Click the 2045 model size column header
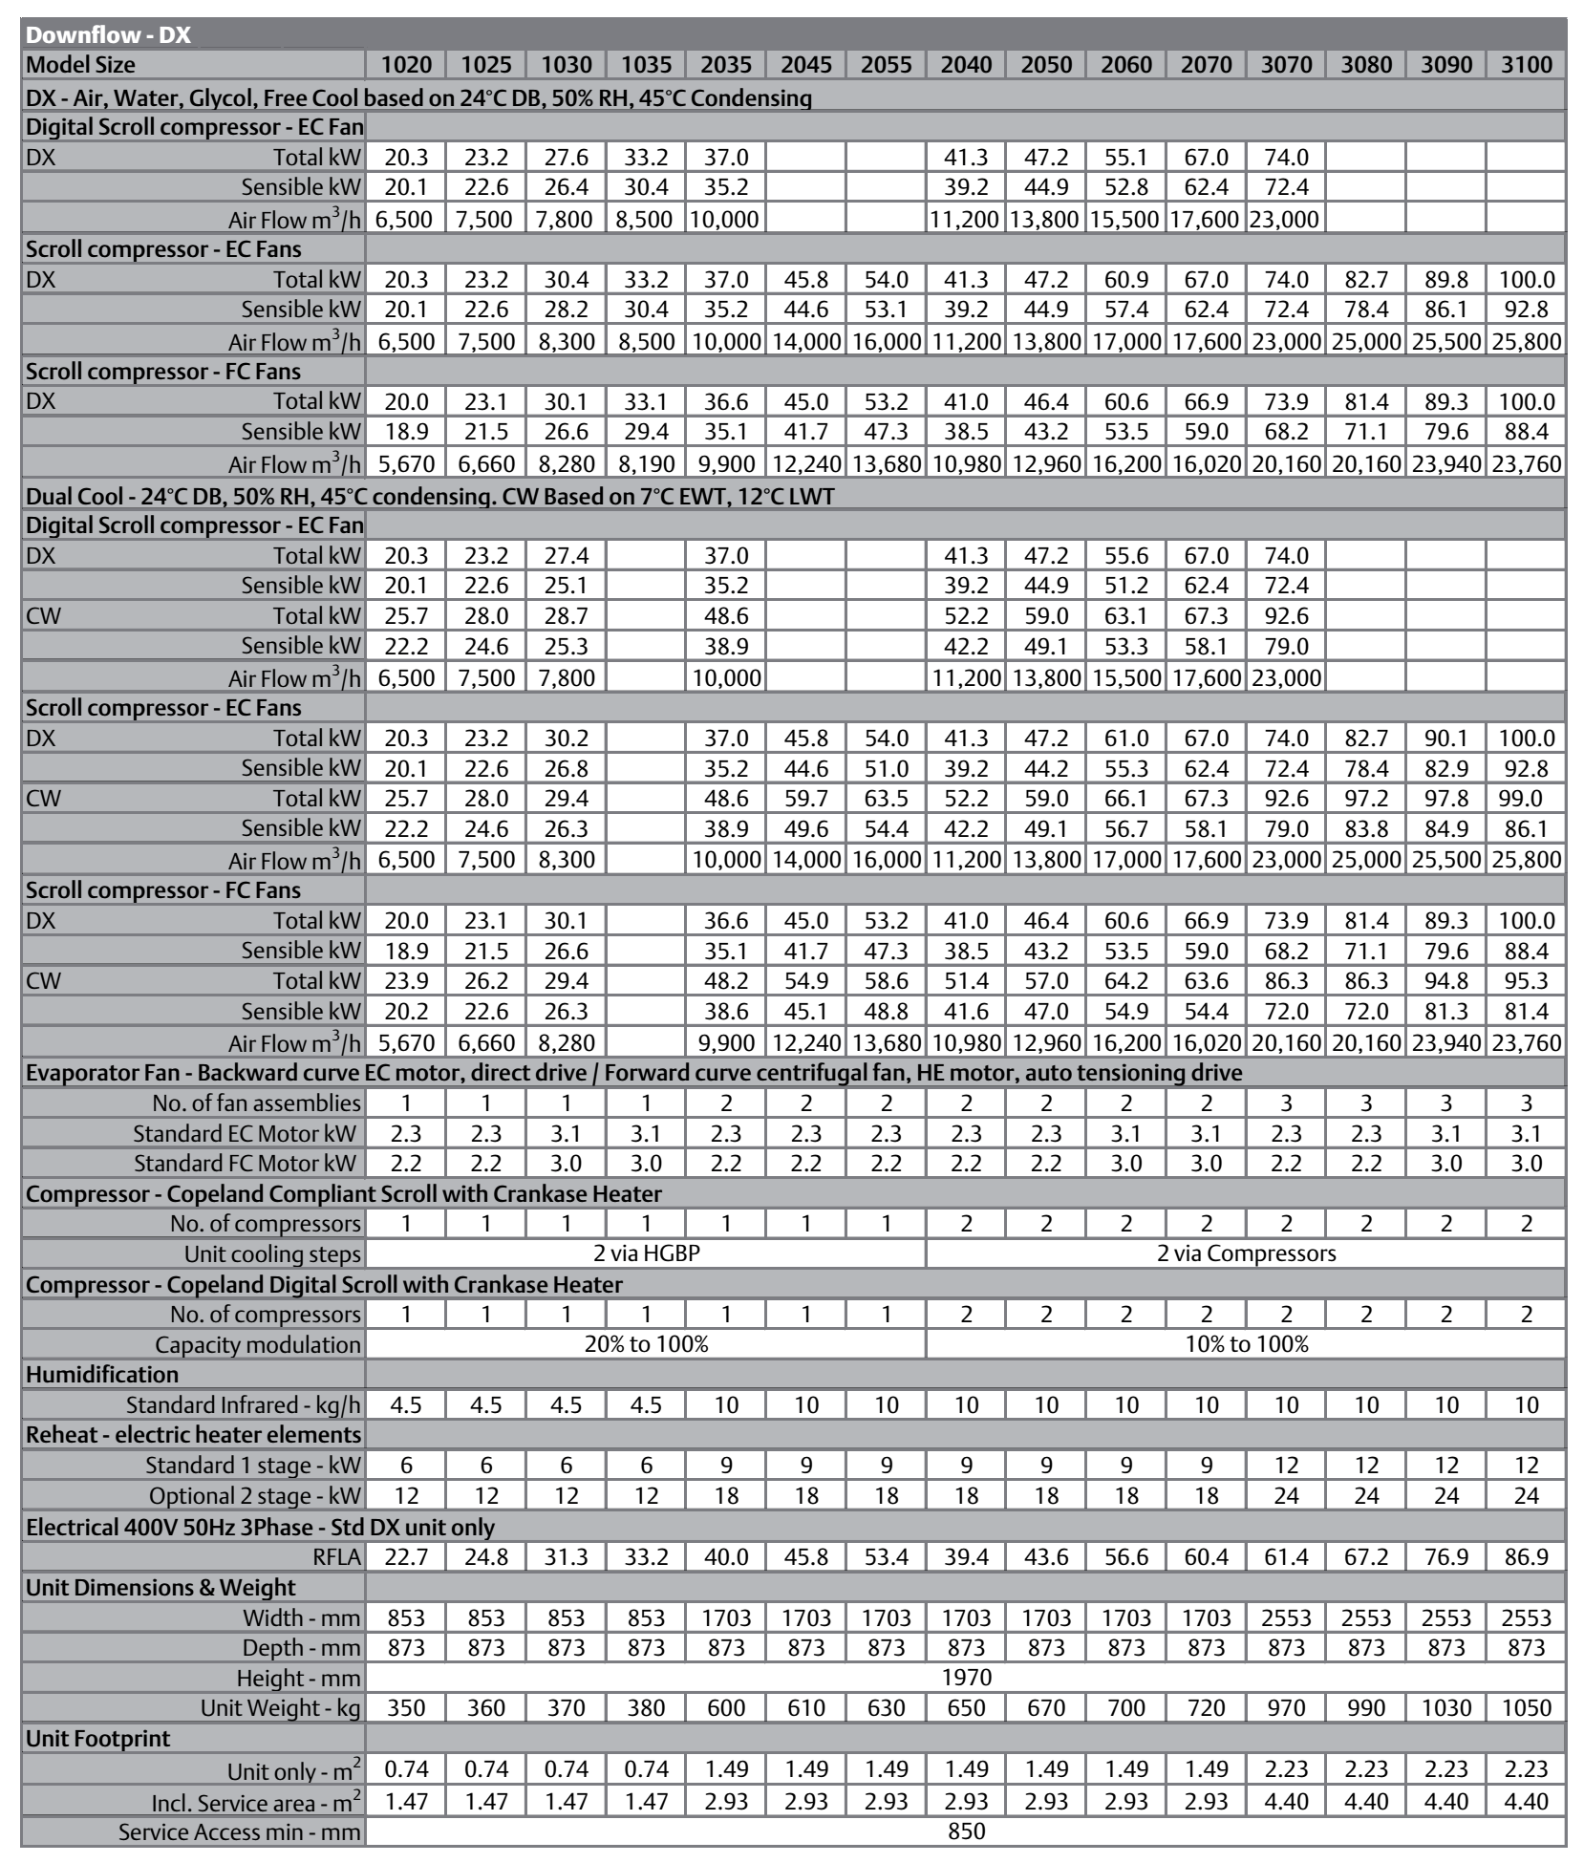coord(805,65)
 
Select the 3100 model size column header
coord(1526,65)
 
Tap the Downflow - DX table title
coord(108,35)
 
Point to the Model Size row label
coord(80,65)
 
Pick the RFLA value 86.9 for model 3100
coord(1526,1557)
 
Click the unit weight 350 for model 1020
coord(406,1707)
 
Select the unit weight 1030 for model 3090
coord(1445,1707)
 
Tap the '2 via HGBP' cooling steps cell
coord(646,1253)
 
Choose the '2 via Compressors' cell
coord(1246,1253)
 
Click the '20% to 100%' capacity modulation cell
coord(646,1344)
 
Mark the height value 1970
coord(966,1678)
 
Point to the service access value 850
coord(966,1831)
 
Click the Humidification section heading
coord(102,1375)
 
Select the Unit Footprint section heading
coord(98,1738)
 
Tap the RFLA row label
coord(337,1557)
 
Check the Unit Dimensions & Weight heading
coord(161,1588)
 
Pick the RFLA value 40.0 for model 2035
coord(725,1557)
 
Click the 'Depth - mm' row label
coord(301,1647)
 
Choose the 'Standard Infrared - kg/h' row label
coord(244,1405)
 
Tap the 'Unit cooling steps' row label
coord(272,1253)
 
